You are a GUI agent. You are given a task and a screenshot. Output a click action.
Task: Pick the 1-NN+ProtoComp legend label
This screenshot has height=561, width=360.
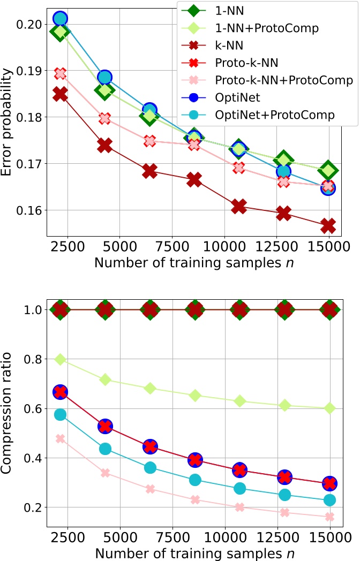tap(260, 27)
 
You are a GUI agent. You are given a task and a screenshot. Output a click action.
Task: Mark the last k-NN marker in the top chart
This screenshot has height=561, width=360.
tap(328, 226)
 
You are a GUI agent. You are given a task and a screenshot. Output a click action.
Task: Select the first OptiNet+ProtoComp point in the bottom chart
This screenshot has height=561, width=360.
tap(60, 414)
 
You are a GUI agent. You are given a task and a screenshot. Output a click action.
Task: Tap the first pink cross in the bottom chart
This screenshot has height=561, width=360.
tap(60, 439)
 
